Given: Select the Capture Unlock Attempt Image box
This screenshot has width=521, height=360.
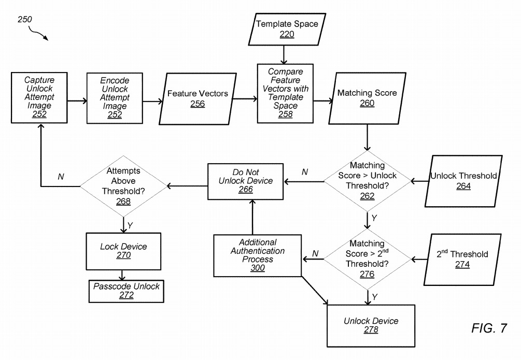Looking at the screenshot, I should coord(39,97).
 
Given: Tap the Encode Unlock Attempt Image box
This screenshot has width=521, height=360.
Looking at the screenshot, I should coord(115,97).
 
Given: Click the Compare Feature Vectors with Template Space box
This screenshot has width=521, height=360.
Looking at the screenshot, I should coord(286,93).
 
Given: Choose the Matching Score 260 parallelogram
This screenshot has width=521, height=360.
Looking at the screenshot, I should coord(367,98).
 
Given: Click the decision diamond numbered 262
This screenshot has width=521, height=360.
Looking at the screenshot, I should coord(367,181).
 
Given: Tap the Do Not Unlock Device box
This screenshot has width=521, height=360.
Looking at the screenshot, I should coord(246,181).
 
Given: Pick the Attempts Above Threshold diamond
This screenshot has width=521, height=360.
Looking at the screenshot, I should coord(123,185).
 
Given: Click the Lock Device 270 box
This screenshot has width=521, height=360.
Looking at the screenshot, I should coord(123,250).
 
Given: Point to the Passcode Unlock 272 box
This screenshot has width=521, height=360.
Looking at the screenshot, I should coord(126,290).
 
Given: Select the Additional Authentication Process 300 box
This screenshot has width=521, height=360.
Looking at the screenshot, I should coord(258,255).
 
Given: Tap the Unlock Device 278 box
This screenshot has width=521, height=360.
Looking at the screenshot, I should coord(371,325).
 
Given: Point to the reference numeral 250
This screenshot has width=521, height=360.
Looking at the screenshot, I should coord(25,19).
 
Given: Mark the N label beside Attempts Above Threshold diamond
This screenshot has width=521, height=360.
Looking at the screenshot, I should coord(61,177).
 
